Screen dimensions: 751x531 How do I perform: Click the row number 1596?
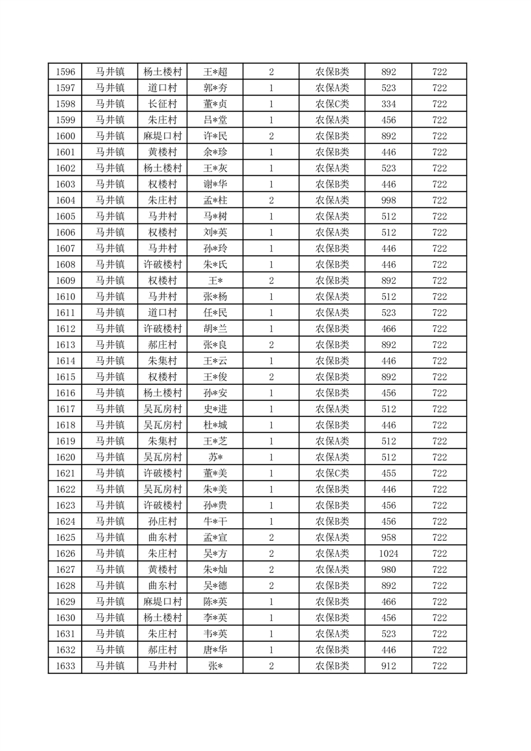click(65, 72)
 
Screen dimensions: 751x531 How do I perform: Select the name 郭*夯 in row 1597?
click(215, 88)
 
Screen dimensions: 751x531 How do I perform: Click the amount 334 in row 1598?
click(388, 104)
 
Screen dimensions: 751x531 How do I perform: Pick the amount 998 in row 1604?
click(388, 200)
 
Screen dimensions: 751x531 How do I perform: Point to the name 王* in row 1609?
click(215, 280)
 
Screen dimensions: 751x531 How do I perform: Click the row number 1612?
click(65, 329)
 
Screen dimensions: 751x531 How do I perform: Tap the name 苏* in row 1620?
click(215, 457)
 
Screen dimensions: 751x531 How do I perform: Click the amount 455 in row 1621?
click(388, 473)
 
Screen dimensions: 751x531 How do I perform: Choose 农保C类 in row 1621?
click(332, 473)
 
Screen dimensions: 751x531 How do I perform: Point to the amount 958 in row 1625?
click(388, 537)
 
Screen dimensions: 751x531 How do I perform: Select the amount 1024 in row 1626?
click(388, 554)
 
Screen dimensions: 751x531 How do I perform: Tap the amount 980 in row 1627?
click(388, 570)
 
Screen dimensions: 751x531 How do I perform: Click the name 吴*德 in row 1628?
click(215, 586)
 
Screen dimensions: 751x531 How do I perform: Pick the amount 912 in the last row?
click(388, 666)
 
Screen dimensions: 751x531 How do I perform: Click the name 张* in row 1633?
click(215, 666)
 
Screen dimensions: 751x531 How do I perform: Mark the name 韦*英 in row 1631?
click(215, 634)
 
